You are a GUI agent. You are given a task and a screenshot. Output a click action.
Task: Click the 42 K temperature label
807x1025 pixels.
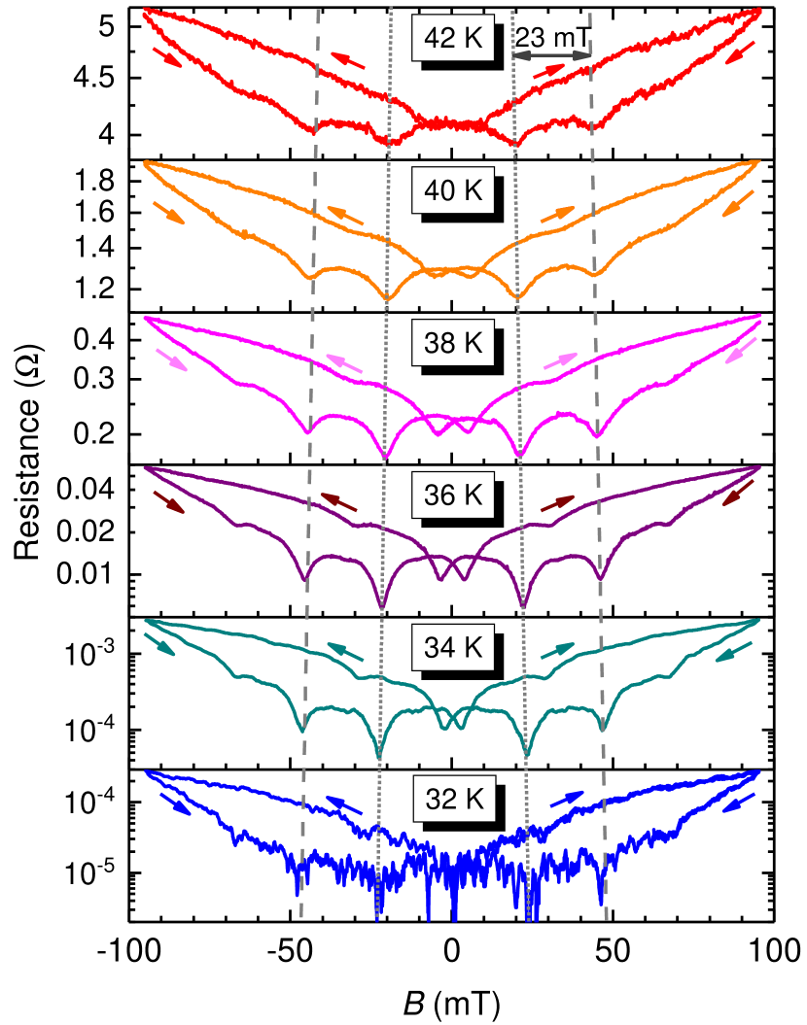(453, 38)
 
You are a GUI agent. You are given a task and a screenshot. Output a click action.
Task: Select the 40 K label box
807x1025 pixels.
(453, 190)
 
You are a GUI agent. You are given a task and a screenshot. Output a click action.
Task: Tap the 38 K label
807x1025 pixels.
(453, 343)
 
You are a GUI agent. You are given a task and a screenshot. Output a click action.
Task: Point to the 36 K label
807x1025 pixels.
(453, 495)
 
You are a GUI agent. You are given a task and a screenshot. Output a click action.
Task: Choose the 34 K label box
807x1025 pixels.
(453, 647)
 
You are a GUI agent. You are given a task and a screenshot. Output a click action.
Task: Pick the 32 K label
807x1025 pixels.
(454, 799)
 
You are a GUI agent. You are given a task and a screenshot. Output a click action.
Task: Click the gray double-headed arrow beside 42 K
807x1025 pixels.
(552, 55)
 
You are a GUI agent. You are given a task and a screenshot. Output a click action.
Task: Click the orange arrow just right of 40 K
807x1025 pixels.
(558, 214)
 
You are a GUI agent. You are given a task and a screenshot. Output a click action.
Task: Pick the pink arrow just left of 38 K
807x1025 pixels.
(345, 363)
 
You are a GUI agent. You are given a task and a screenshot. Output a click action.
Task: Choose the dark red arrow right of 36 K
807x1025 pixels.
(559, 502)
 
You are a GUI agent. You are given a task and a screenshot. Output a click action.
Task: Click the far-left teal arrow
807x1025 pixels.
(159, 644)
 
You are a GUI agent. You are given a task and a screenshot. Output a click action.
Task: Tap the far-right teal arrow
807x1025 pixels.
(734, 652)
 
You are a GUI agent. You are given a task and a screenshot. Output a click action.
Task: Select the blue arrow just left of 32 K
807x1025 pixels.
(343, 805)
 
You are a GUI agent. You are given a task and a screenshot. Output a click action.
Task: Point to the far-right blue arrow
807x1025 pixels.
(740, 803)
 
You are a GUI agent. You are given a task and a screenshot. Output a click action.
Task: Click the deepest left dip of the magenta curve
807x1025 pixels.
(385, 457)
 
